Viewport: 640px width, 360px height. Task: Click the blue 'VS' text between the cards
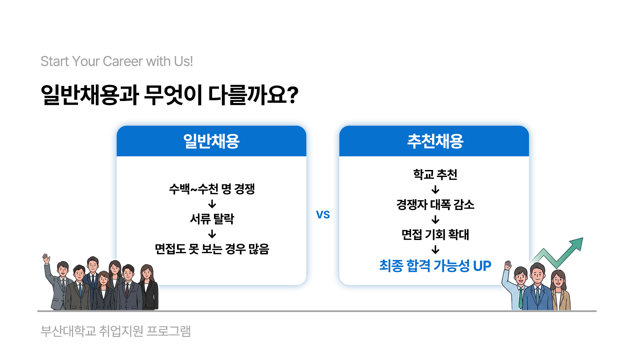coord(323,215)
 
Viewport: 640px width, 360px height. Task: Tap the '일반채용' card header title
coord(211,141)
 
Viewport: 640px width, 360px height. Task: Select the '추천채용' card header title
coord(435,141)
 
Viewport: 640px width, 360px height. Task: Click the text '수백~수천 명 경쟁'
coord(212,189)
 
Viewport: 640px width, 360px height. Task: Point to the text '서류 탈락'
coord(212,219)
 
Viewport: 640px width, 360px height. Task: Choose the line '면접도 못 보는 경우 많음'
coord(212,249)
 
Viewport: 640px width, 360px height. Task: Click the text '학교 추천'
coord(435,174)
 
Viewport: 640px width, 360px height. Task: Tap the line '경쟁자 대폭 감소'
coord(435,204)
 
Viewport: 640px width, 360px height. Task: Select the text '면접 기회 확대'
coord(435,234)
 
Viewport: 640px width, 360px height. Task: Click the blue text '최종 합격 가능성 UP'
coord(435,266)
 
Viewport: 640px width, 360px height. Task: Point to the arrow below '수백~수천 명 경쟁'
coord(212,204)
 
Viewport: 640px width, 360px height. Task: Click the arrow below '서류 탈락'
coord(212,234)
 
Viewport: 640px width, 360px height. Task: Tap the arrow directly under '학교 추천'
coord(435,190)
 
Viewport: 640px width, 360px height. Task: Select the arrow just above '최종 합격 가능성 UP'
coord(435,250)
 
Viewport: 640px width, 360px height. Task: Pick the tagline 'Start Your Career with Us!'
coord(117,61)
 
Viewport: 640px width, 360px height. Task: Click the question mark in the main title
coord(292,95)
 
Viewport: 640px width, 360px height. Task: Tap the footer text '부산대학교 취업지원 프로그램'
coord(116,331)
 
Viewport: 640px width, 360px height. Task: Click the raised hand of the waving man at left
coord(46,259)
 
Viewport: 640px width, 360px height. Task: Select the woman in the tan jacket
coord(560,290)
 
